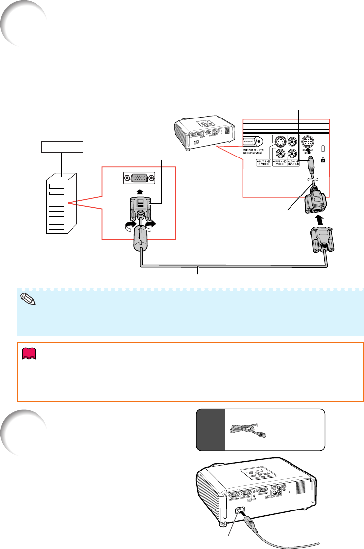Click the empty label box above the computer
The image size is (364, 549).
(x=63, y=147)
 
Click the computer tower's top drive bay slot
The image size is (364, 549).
(x=57, y=186)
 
